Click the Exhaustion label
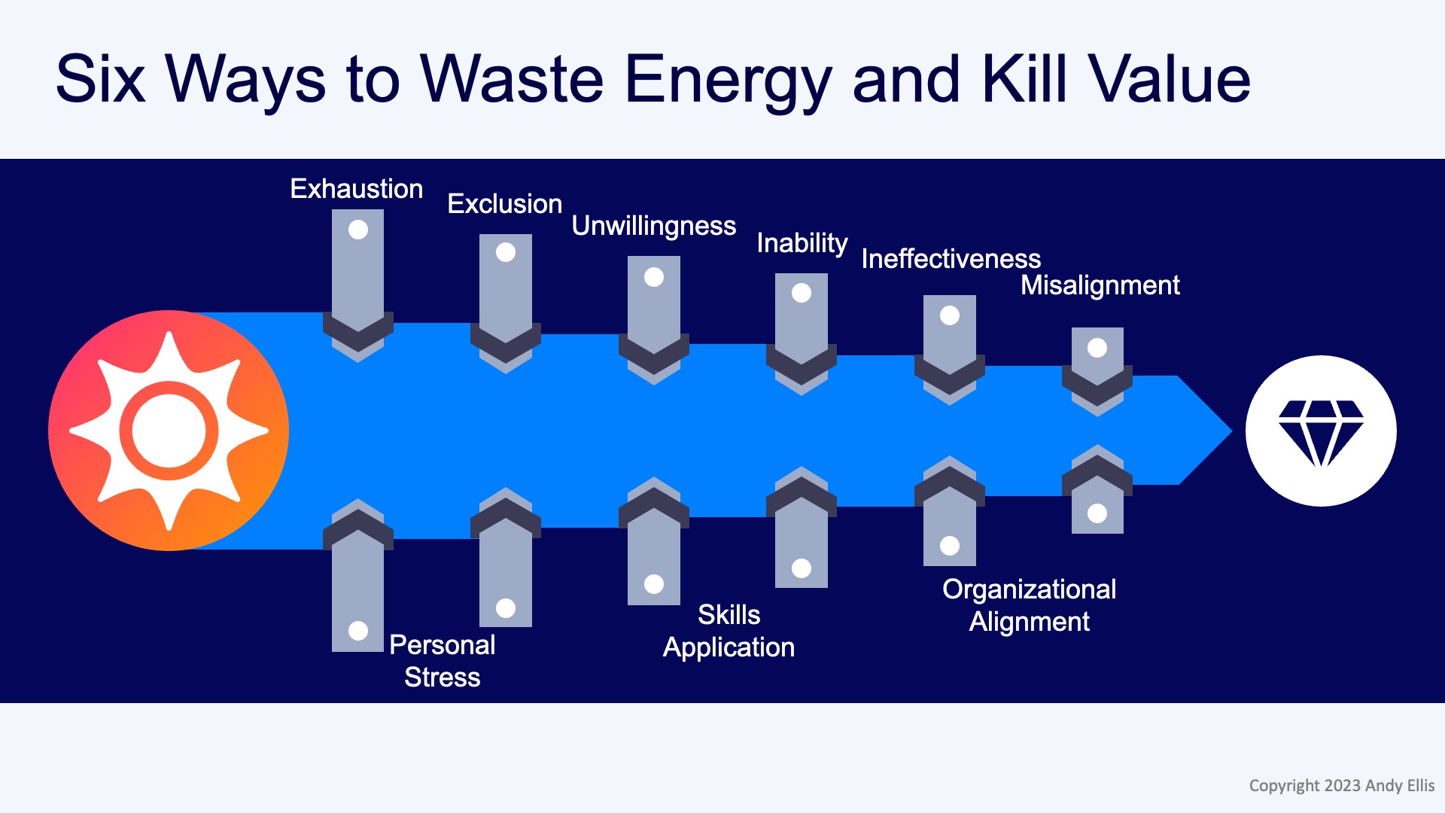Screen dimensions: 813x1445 357,189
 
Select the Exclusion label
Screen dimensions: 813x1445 504,204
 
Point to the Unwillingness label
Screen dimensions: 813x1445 653,226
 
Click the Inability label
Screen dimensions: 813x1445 802,243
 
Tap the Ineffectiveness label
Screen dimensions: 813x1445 951,259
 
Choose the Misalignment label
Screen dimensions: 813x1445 1100,285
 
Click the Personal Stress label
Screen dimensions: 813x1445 443,661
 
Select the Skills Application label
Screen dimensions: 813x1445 729,631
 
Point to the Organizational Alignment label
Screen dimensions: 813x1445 1029,605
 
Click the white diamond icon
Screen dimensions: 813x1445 1321,431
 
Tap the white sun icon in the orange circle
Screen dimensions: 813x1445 169,431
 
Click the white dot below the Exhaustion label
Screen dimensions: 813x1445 358,230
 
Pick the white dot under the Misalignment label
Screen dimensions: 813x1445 1097,348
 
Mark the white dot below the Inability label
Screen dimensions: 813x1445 802,293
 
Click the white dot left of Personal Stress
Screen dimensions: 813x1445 358,630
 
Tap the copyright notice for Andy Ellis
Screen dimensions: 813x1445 1341,786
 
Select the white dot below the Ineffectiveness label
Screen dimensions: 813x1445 950,315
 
